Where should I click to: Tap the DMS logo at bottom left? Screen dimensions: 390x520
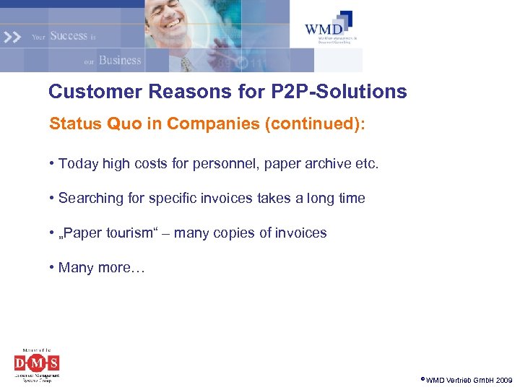[37, 363]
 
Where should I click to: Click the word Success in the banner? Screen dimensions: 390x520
[69, 35]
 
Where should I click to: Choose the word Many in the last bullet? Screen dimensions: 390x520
[76, 267]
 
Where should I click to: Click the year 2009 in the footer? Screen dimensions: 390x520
[503, 380]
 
